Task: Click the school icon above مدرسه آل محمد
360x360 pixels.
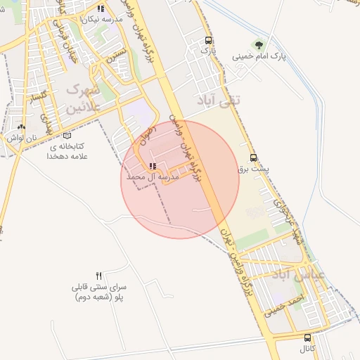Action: click(x=153, y=167)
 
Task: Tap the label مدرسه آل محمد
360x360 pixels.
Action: click(x=153, y=179)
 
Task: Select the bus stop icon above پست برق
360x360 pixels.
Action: click(x=253, y=157)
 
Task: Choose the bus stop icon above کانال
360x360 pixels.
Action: click(x=307, y=337)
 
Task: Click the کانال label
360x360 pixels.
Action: click(x=308, y=349)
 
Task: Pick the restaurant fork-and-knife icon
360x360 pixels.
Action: click(x=99, y=276)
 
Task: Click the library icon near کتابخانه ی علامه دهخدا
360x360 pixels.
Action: click(x=67, y=136)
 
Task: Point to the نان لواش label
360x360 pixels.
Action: click(x=21, y=139)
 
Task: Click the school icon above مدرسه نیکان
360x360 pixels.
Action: click(x=101, y=9)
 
